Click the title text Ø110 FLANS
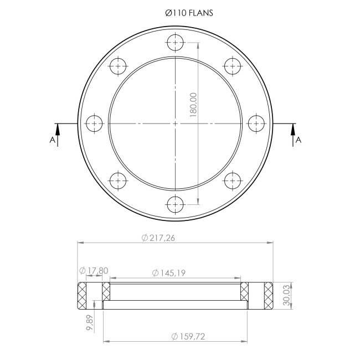click(x=189, y=13)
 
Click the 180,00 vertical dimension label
click(x=193, y=105)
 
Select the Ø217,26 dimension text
click(x=158, y=238)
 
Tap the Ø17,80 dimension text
click(x=94, y=271)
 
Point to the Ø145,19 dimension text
click(x=169, y=273)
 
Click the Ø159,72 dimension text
click(x=188, y=337)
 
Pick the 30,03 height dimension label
click(x=286, y=295)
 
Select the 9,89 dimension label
click(x=90, y=322)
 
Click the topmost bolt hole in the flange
click(x=176, y=43)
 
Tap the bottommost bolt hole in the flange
click(x=176, y=204)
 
